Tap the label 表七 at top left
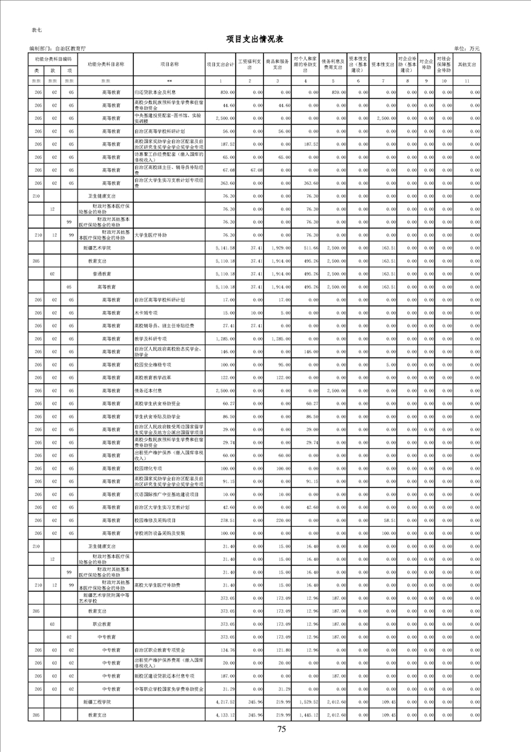[x=37, y=31]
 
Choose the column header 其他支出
[x=467, y=64]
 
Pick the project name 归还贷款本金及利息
[x=155, y=91]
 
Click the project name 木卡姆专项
[x=147, y=313]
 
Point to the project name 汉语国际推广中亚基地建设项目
[x=163, y=494]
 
